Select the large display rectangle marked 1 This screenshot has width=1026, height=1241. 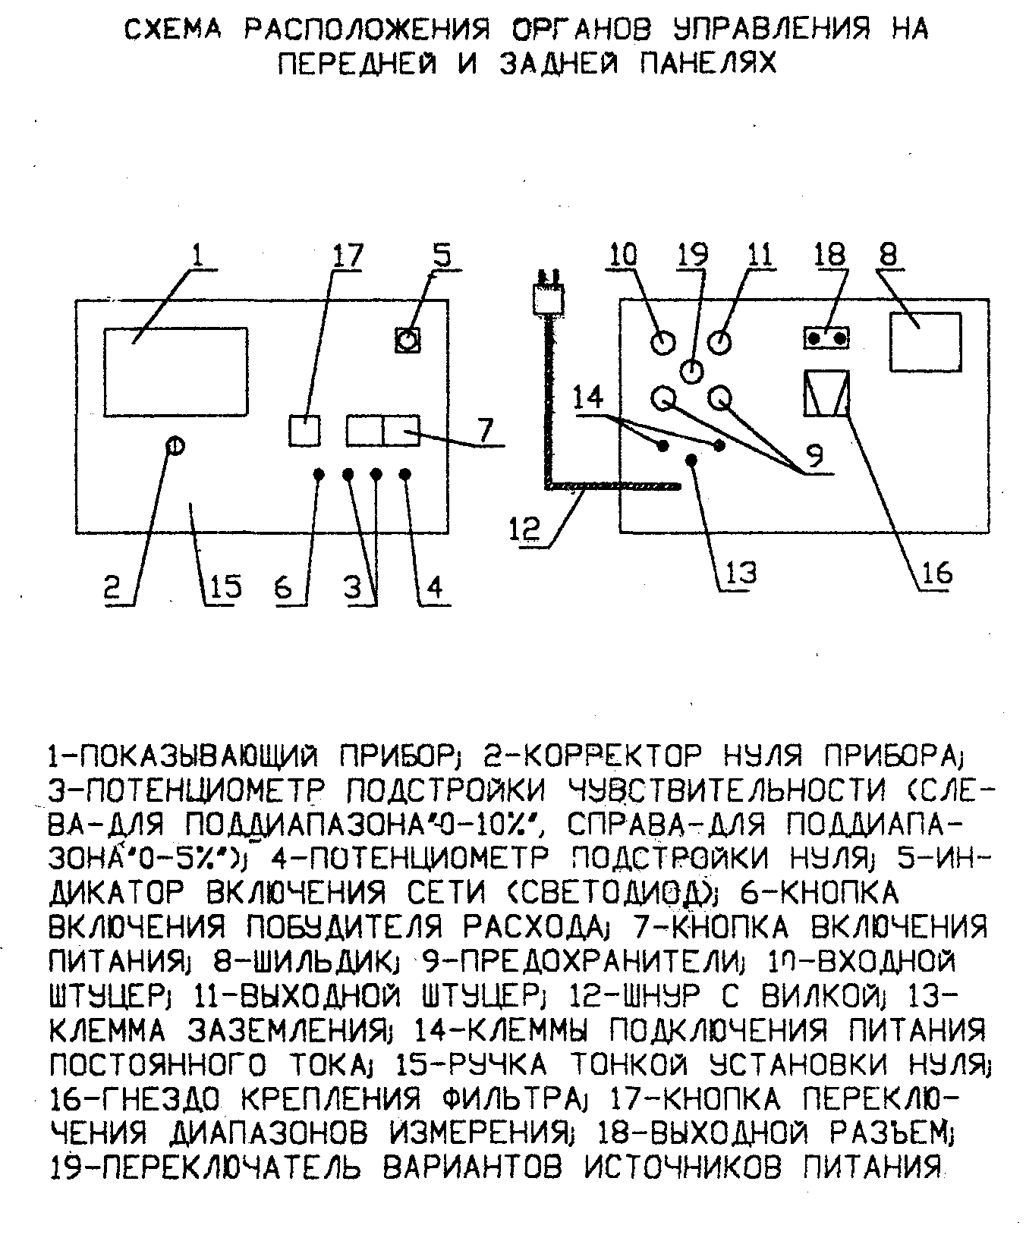click(175, 373)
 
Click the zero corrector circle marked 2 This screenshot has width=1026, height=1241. click(175, 447)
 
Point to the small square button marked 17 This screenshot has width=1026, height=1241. click(305, 431)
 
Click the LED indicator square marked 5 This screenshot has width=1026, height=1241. click(408, 338)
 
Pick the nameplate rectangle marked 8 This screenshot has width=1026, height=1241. click(925, 341)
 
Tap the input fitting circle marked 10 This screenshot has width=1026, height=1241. click(662, 342)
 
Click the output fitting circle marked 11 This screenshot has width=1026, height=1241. click(719, 341)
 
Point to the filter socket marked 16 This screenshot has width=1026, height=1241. click(826, 393)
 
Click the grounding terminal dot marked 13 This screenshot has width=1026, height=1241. click(691, 459)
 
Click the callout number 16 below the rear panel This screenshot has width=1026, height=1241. click(935, 573)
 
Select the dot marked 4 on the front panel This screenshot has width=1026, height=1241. click(405, 474)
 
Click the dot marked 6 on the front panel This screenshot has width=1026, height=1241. click(319, 474)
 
